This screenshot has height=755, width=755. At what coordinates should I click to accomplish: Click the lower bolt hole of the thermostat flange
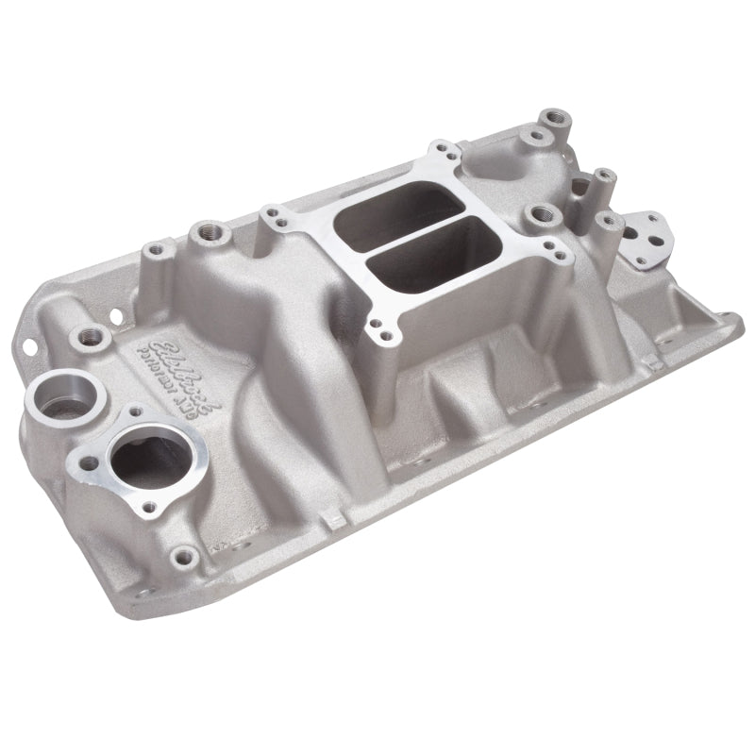[x=148, y=508]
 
